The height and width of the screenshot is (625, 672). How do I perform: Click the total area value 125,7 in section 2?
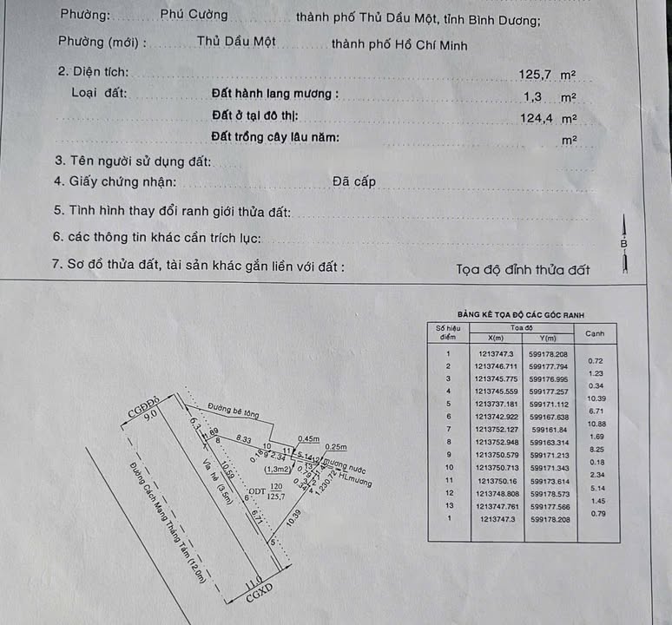[537, 75]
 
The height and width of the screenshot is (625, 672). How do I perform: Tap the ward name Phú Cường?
[194, 15]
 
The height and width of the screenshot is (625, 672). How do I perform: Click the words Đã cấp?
[353, 181]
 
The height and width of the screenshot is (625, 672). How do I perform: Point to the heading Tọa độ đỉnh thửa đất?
[523, 270]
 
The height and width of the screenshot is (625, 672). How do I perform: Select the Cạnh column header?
[596, 333]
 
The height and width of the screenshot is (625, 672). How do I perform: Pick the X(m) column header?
[497, 339]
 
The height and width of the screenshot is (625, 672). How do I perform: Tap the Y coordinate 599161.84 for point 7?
[548, 429]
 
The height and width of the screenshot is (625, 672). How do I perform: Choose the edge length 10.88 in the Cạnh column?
[596, 423]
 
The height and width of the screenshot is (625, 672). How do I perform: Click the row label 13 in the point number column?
[448, 505]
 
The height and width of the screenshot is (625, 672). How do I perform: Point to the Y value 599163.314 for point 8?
[548, 442]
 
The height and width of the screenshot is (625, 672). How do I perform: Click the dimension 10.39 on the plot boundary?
[293, 522]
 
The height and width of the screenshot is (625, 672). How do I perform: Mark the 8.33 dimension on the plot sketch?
[243, 440]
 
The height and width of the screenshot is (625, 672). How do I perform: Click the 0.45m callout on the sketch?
[308, 437]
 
